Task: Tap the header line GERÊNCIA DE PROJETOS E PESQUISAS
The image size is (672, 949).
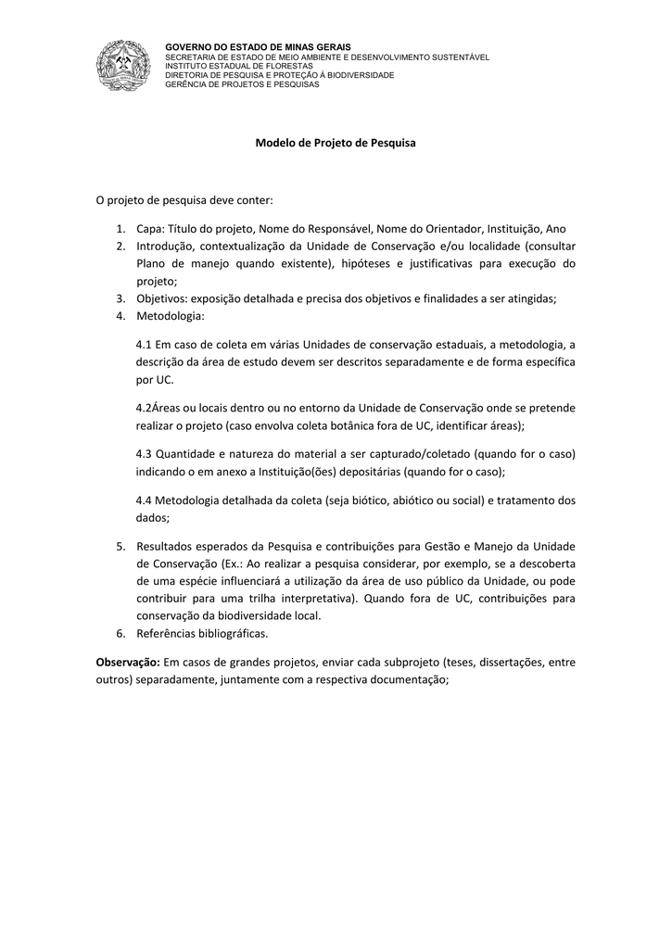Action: [241, 84]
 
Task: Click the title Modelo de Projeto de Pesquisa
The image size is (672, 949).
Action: [336, 144]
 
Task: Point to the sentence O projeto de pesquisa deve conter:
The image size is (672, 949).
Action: [185, 200]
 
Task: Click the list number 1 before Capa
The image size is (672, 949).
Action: [120, 229]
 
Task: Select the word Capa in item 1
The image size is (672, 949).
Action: [149, 229]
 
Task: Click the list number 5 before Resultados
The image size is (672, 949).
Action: [120, 547]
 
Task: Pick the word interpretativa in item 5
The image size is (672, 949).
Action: [316, 599]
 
